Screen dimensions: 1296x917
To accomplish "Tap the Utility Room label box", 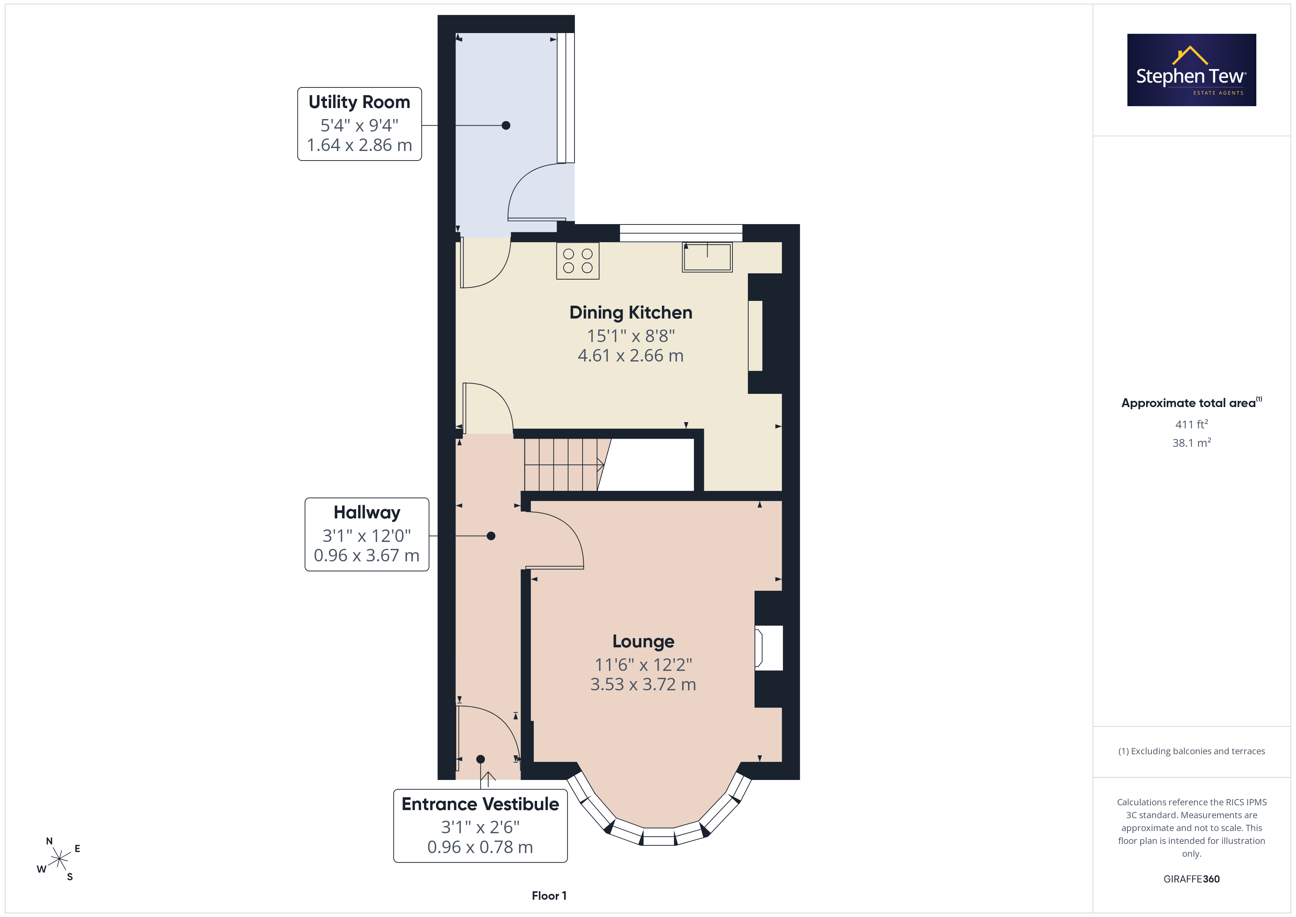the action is tap(360, 124).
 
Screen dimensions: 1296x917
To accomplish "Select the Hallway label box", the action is tap(367, 534).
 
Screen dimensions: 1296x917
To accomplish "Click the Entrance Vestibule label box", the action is tap(480, 826).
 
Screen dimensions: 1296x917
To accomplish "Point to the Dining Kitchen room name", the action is tap(630, 312).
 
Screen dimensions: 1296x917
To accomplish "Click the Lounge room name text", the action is tap(644, 641).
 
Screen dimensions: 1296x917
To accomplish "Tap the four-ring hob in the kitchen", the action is tap(577, 261).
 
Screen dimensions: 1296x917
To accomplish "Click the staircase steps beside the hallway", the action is tap(565, 464).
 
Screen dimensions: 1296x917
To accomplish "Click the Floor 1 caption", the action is tap(549, 896).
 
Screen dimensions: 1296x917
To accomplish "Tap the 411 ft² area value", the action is tap(1192, 424).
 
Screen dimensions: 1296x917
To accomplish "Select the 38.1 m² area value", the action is tap(1192, 443).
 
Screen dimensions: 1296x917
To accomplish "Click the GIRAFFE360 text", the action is tap(1192, 879).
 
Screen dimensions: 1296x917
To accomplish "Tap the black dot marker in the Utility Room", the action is tap(506, 125).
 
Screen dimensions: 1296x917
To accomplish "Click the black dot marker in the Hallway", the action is tap(491, 536).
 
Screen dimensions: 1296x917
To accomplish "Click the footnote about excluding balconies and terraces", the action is tap(1192, 751).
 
